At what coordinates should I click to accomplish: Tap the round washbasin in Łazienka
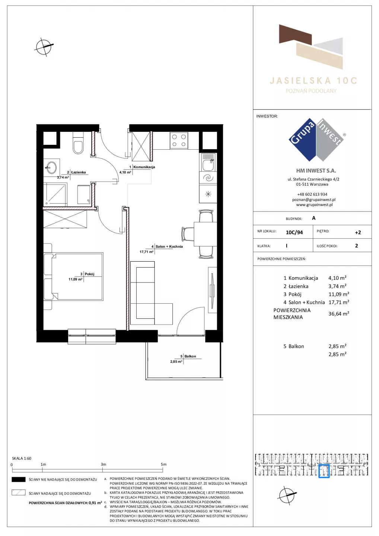tap(51, 167)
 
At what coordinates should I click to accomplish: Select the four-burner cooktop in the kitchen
tap(179, 140)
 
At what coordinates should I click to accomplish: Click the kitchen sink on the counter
tap(208, 162)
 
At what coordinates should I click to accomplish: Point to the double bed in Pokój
tap(73, 276)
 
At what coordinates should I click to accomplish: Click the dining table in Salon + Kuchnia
tap(205, 234)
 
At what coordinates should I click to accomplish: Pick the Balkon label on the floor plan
tap(190, 356)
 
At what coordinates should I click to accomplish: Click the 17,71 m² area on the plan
tap(146, 252)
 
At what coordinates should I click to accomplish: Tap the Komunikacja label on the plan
tap(144, 167)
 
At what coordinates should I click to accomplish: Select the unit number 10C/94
tap(294, 232)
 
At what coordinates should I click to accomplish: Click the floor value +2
tap(358, 232)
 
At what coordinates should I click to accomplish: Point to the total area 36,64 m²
tap(338, 313)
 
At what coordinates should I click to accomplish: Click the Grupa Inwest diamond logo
tap(316, 140)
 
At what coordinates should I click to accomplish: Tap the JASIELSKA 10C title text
tap(313, 81)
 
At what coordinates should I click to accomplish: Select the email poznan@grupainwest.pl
tap(314, 200)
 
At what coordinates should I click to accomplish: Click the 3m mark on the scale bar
tap(103, 470)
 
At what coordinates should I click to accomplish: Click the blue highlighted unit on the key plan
tap(324, 471)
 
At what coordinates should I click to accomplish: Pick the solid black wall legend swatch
tap(18, 479)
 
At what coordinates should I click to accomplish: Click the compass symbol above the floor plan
tap(44, 47)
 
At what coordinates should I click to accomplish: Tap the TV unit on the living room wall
tap(212, 290)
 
